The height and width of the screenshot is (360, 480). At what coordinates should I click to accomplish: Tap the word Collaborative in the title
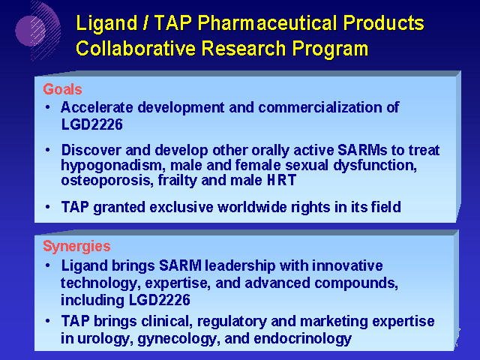coord(135,48)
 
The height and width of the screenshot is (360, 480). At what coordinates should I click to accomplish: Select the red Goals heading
coord(62,89)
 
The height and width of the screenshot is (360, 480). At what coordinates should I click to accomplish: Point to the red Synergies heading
coord(76,247)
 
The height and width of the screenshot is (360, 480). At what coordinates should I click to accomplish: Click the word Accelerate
coord(97,107)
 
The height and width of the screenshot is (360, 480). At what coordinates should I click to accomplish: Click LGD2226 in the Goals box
coord(91,124)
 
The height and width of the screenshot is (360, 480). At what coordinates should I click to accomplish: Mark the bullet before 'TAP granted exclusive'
coord(47,207)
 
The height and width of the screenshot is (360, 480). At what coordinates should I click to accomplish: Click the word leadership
coord(240,265)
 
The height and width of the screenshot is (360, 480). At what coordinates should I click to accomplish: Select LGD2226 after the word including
coord(160,300)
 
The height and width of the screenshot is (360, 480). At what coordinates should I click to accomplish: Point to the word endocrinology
coord(303,339)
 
